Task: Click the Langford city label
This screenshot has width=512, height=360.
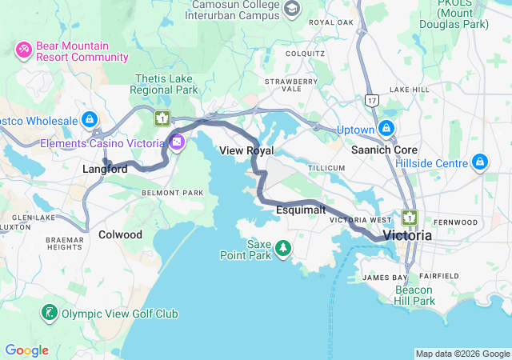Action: point(104,169)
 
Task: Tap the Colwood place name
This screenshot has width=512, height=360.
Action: point(120,234)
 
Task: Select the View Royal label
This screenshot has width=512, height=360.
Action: point(246,150)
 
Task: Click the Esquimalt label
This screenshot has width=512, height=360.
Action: point(300,210)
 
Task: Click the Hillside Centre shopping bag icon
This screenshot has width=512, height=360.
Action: point(480,162)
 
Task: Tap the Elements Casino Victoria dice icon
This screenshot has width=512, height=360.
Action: point(177,143)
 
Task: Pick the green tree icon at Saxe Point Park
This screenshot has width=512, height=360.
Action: point(282,250)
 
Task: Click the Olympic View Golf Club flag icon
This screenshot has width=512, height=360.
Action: point(50,312)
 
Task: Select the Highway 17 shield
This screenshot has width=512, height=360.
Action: point(370,100)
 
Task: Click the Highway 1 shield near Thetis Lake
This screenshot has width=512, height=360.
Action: point(162,118)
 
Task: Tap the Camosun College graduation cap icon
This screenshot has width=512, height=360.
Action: point(292,8)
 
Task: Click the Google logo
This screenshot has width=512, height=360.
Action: point(26,350)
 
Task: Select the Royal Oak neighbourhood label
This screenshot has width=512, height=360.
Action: point(330,22)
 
